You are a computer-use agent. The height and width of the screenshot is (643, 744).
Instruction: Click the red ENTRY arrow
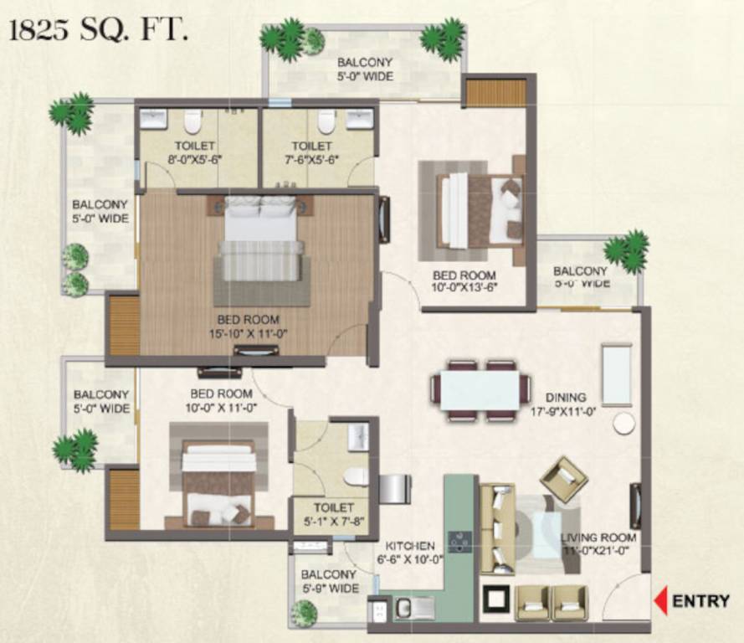(x=660, y=600)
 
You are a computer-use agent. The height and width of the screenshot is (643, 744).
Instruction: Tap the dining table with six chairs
(x=480, y=390)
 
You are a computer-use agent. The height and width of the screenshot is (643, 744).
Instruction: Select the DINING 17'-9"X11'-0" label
(x=566, y=404)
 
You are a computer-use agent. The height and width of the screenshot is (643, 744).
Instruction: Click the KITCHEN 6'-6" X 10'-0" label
(x=410, y=552)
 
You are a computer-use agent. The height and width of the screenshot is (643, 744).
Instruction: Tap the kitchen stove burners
(x=459, y=542)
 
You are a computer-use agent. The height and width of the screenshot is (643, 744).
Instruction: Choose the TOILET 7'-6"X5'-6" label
(x=311, y=152)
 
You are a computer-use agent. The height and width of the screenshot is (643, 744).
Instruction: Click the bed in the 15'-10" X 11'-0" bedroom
(x=259, y=239)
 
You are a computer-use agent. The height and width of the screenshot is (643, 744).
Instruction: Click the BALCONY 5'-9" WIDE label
(x=330, y=582)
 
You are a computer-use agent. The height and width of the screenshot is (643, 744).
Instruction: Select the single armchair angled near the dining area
(x=563, y=478)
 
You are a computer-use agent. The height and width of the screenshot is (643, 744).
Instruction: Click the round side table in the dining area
(x=624, y=423)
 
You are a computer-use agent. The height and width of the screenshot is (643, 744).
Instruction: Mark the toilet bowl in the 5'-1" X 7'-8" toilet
(x=356, y=477)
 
